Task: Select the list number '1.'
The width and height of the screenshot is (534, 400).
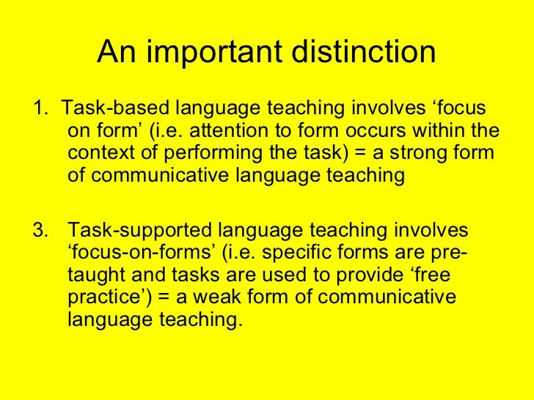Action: click(x=40, y=110)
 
